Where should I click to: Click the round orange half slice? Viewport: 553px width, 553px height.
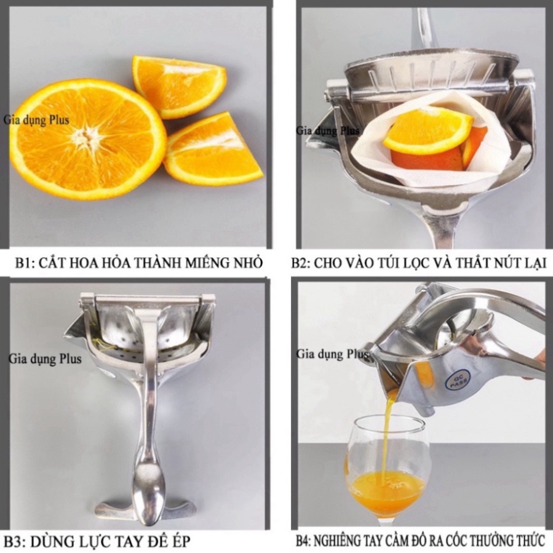(x=87, y=139)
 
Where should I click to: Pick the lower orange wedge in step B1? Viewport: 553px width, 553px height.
(x=213, y=148)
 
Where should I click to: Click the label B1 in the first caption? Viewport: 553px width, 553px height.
(x=23, y=263)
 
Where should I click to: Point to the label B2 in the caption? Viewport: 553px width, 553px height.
(x=300, y=263)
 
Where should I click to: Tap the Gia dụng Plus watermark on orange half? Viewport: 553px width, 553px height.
(x=37, y=120)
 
